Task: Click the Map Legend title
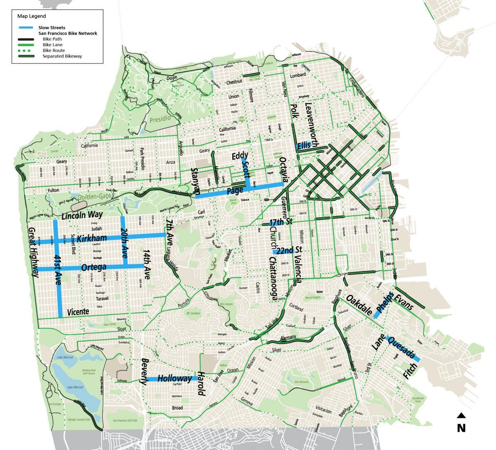click(x=31, y=17)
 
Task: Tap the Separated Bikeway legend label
click(x=62, y=56)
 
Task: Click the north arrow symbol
click(x=461, y=416)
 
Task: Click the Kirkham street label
click(x=92, y=238)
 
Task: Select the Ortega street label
click(x=94, y=268)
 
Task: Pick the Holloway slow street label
click(x=175, y=378)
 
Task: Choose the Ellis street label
click(x=304, y=145)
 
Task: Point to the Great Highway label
click(x=33, y=252)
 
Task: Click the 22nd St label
click(x=289, y=250)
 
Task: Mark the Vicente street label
click(x=78, y=312)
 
